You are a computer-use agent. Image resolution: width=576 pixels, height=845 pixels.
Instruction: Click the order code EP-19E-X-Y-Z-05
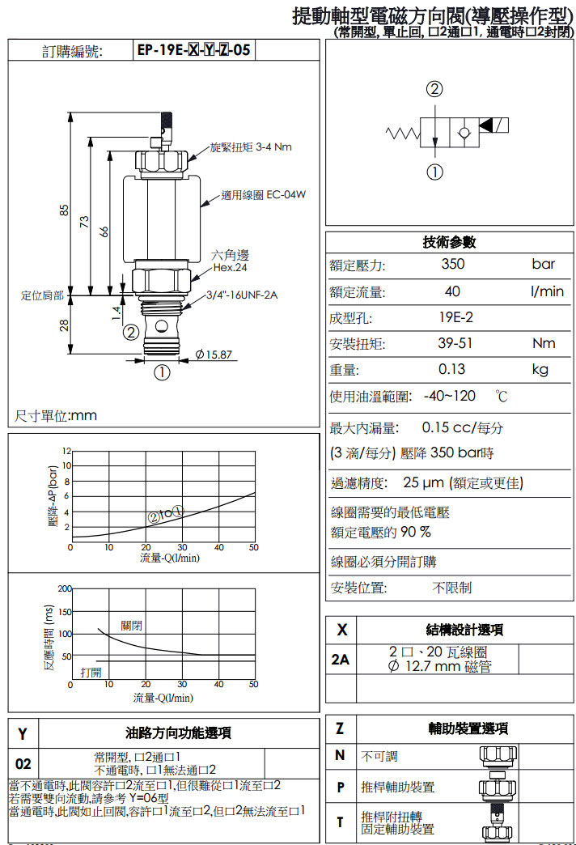pyautogui.click(x=193, y=50)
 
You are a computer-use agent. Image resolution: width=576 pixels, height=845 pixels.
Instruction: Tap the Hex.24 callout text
pyautogui.click(x=230, y=267)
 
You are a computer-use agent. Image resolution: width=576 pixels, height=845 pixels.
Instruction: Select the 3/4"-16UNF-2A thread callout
pyautogui.click(x=242, y=295)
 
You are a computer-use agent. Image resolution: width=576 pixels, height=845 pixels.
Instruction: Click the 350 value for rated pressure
pyautogui.click(x=453, y=264)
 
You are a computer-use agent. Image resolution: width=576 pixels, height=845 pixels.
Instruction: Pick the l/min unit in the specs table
pyautogui.click(x=547, y=291)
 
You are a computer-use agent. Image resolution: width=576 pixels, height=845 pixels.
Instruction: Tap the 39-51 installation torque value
pyautogui.click(x=455, y=343)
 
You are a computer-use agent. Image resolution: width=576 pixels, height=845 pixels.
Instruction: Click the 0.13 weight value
pyautogui.click(x=452, y=369)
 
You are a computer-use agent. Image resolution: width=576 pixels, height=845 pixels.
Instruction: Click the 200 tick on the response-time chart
pyautogui.click(x=64, y=588)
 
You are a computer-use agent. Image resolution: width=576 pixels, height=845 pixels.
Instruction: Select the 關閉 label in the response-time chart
pyautogui.click(x=132, y=626)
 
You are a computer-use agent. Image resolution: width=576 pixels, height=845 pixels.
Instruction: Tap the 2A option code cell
pyautogui.click(x=341, y=660)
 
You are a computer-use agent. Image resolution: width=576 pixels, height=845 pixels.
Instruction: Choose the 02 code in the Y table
pyautogui.click(x=23, y=763)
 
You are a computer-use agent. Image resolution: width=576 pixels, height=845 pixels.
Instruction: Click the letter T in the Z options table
pyautogui.click(x=340, y=822)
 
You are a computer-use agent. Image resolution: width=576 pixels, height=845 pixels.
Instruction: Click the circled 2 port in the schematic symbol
pyautogui.click(x=435, y=89)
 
